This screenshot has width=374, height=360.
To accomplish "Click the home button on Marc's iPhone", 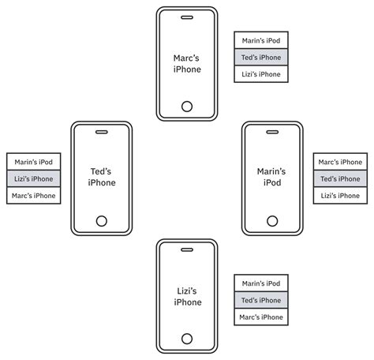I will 187,106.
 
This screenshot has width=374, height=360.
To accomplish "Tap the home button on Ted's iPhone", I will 101,220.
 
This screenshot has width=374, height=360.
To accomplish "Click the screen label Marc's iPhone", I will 187,63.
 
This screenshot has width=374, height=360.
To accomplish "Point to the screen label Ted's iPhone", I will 102,177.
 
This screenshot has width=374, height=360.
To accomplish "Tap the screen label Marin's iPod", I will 271,177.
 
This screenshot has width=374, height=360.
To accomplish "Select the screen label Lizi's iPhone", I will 187,297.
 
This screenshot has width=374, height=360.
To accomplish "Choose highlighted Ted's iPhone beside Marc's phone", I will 261,58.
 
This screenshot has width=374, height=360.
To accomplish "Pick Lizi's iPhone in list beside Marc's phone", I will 261,74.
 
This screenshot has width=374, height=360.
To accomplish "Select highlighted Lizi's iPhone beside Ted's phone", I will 34,179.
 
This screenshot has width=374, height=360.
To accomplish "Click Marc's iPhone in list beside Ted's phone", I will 34,196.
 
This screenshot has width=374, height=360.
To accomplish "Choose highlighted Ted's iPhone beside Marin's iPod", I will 341,179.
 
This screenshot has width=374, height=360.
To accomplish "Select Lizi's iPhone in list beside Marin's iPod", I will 341,196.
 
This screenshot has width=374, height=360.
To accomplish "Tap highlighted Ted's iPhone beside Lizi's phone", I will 261,301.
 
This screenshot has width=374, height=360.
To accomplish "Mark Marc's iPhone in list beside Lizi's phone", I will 261,317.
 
